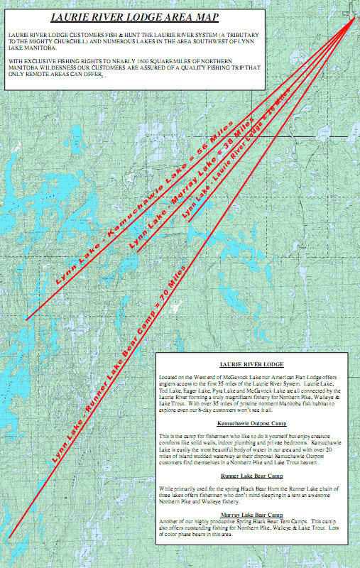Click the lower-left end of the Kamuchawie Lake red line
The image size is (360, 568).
pos(27,319)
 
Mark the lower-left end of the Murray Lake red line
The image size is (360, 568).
pos(138,252)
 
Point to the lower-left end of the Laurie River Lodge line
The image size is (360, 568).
pos(189,222)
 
